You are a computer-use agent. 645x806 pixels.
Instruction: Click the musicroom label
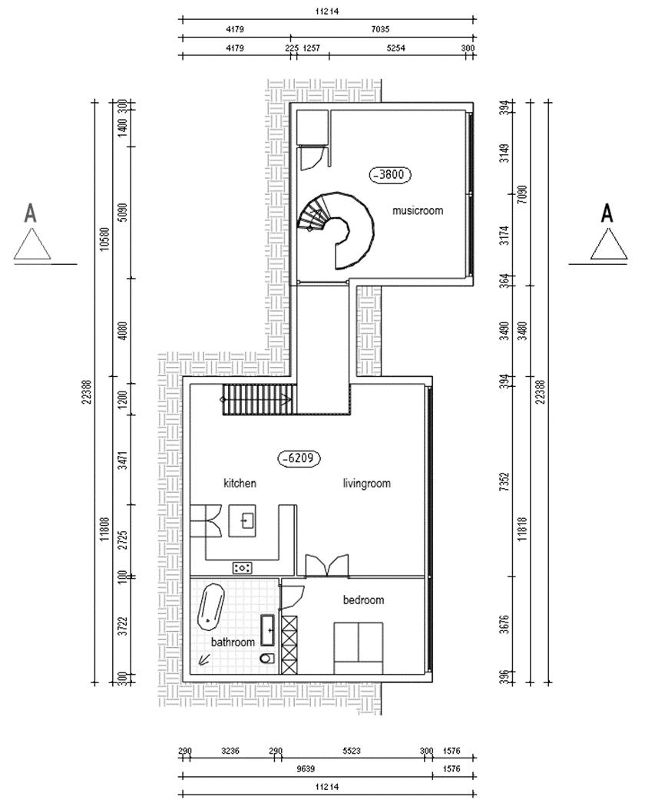(417, 210)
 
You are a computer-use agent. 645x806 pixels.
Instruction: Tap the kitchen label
(240, 484)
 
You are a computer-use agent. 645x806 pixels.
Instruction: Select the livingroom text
(366, 484)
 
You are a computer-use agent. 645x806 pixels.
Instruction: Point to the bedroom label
(363, 600)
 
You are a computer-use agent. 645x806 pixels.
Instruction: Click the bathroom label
(233, 642)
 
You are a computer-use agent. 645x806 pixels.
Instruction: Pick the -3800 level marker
(390, 174)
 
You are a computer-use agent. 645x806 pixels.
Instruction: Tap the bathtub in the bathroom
(211, 605)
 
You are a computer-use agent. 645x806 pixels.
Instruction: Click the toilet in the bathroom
(266, 659)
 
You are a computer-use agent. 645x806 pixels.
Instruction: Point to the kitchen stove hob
(243, 567)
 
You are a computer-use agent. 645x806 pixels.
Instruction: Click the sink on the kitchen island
(246, 521)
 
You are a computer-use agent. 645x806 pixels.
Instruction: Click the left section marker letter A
(31, 213)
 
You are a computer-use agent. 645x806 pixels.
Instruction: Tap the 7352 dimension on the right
(504, 474)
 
